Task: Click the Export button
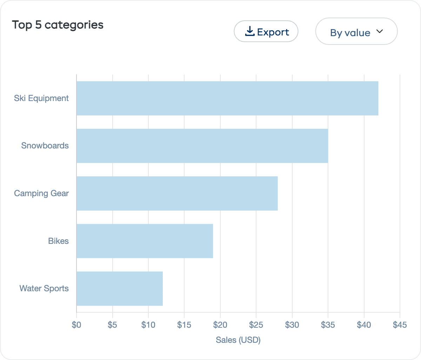(x=266, y=32)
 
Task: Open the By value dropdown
(x=356, y=32)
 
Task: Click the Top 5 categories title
(x=58, y=25)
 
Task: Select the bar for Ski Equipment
(x=227, y=98)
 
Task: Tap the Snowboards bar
(x=202, y=146)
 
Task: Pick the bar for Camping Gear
(x=177, y=193)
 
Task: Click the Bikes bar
(x=145, y=241)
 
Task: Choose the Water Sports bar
(x=119, y=288)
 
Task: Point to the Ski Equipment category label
(x=41, y=98)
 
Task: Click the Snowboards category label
(x=45, y=146)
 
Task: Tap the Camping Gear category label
(x=41, y=193)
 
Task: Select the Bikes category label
(x=58, y=241)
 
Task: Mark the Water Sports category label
(x=44, y=288)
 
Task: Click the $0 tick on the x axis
(x=76, y=325)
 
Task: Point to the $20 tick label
(x=220, y=325)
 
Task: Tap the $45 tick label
(x=400, y=325)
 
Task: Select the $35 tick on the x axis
(x=328, y=325)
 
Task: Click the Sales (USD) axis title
(x=238, y=340)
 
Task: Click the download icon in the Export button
(x=249, y=32)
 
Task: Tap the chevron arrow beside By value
(x=380, y=32)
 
